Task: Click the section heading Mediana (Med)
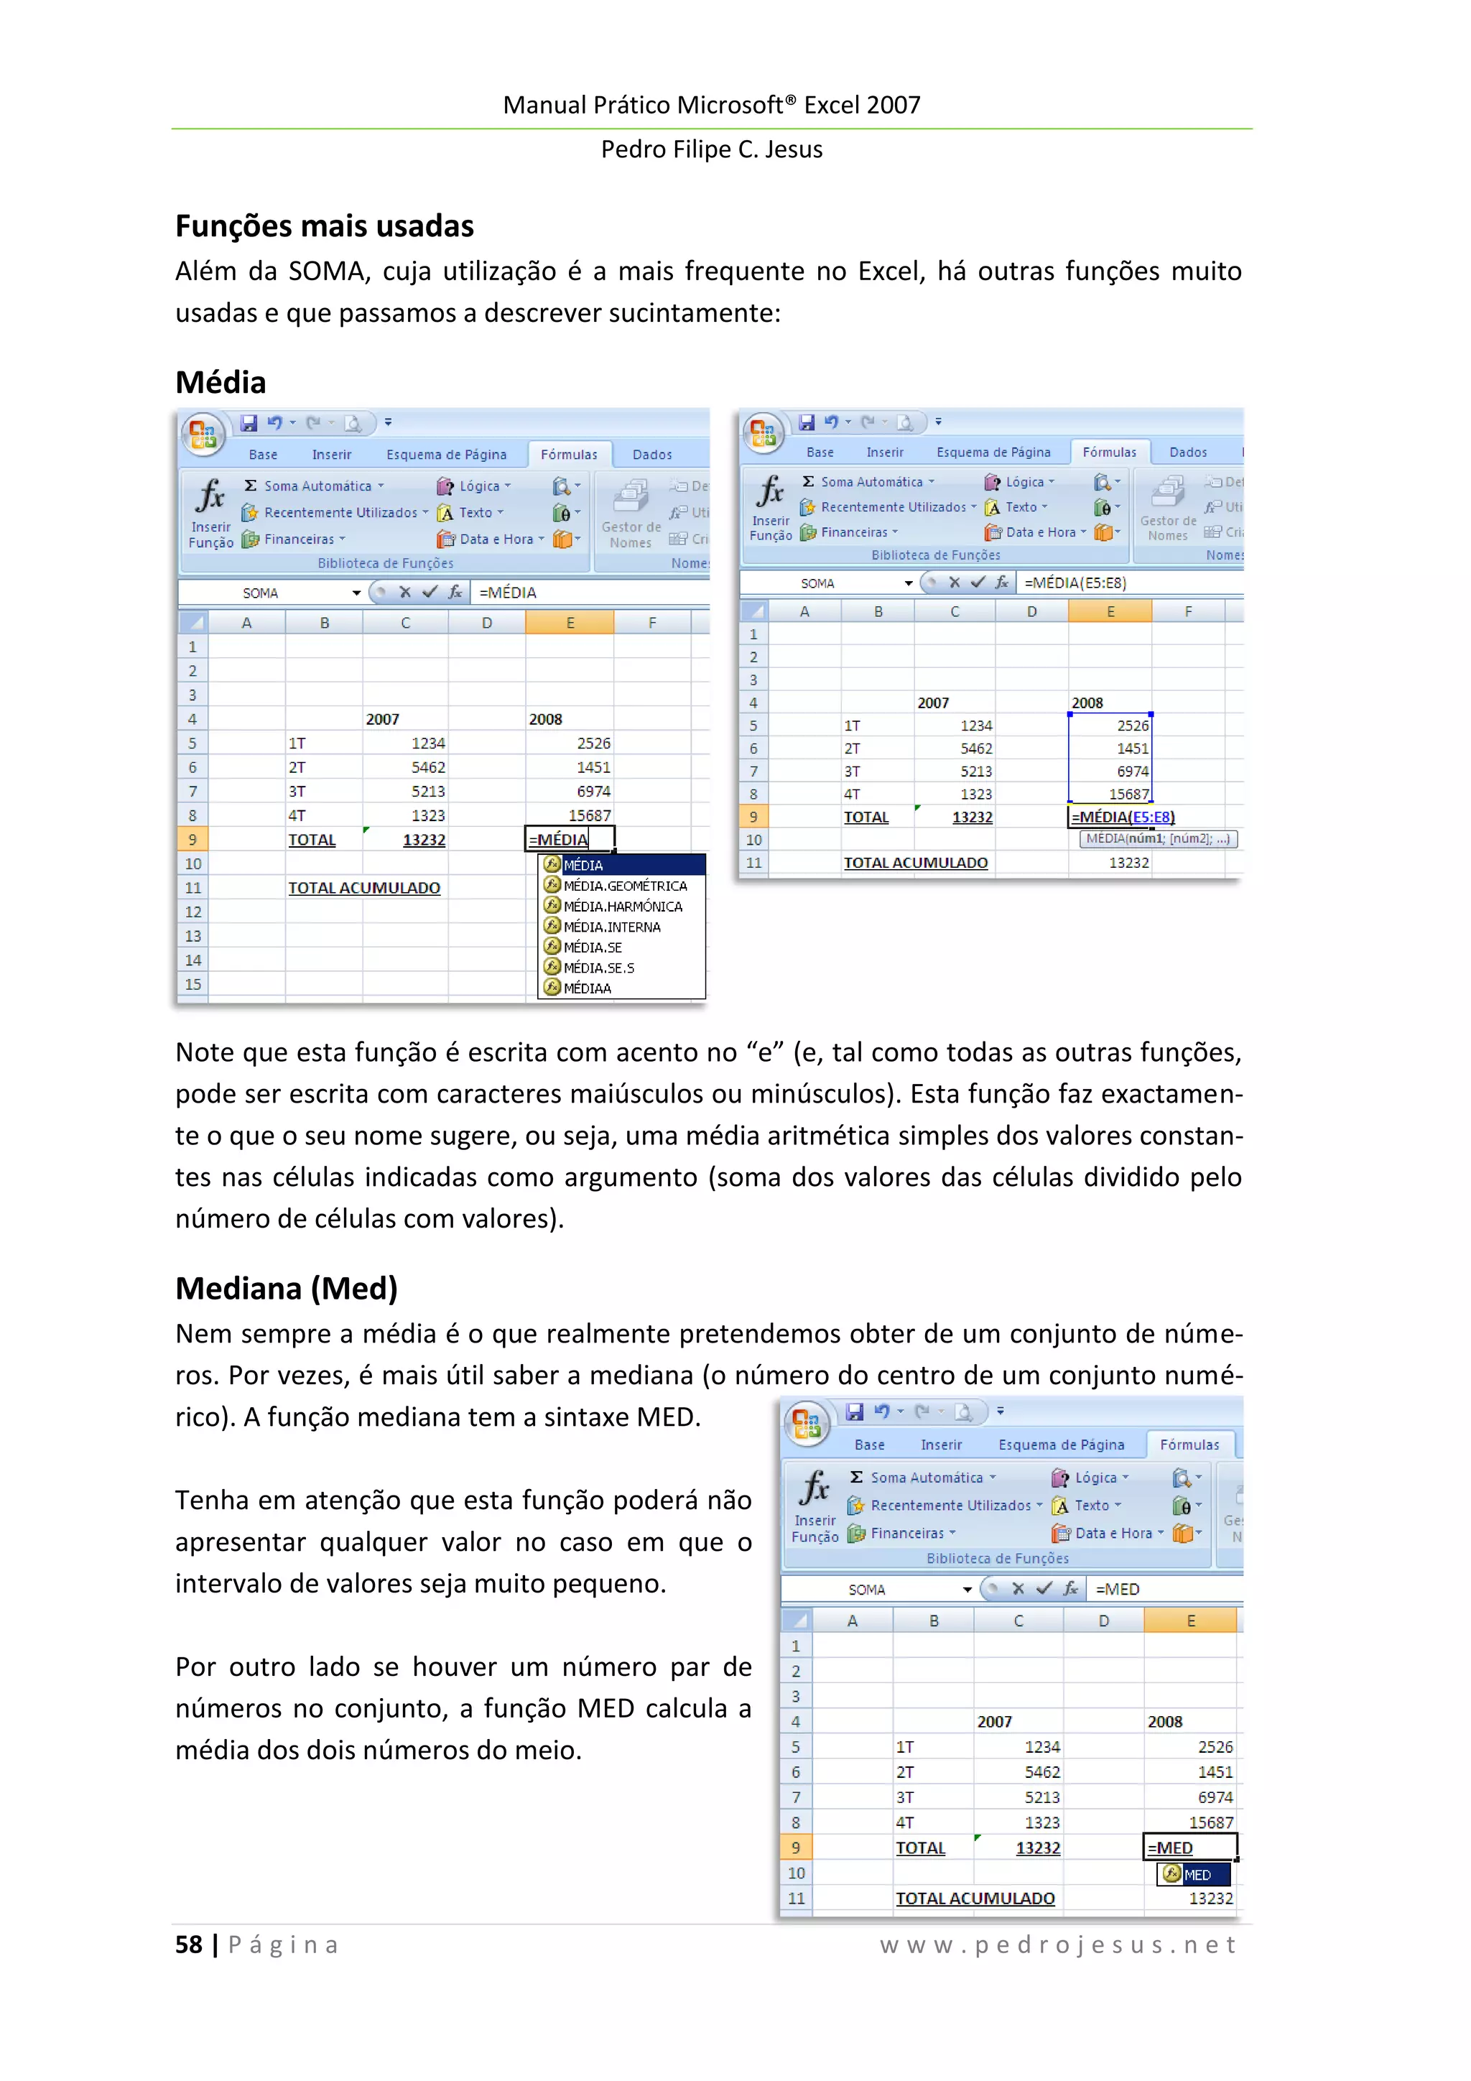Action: (x=287, y=1288)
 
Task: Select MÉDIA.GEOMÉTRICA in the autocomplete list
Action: (x=624, y=886)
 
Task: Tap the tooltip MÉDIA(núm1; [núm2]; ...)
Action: (x=1157, y=838)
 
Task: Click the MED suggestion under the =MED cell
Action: (x=1195, y=1874)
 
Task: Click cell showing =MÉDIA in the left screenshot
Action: (x=569, y=839)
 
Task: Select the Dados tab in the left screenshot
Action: (x=651, y=454)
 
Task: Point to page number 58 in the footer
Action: (x=188, y=1945)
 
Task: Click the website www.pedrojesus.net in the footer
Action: (x=1058, y=1945)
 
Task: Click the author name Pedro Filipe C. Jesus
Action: (x=712, y=149)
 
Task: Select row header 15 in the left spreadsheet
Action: (x=192, y=984)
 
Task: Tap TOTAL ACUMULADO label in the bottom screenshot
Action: (x=975, y=1898)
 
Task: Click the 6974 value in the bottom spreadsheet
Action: (x=1215, y=1797)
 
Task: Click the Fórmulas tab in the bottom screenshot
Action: (x=1189, y=1445)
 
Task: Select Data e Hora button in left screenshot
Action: (x=495, y=539)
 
